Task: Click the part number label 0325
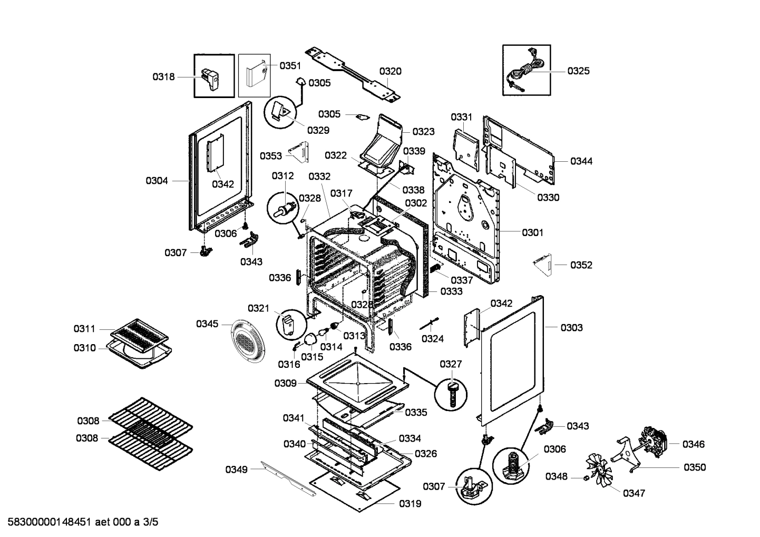pos(578,71)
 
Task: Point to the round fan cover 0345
pos(248,341)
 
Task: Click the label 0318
pos(163,76)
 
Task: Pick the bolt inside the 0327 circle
pos(453,393)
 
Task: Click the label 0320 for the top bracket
pos(390,71)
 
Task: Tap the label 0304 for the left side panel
pos(157,181)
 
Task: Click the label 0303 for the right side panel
pos(571,327)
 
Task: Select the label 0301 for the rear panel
pos(532,232)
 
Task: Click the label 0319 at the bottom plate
pos(410,503)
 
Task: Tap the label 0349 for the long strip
pos(236,469)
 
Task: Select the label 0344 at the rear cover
pos(581,161)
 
